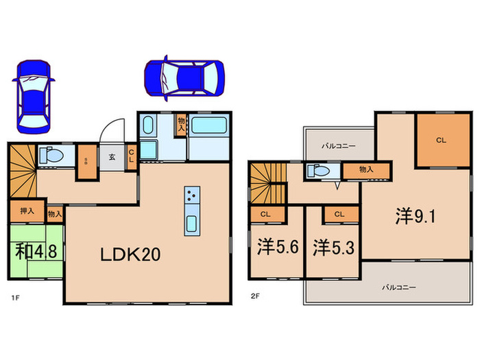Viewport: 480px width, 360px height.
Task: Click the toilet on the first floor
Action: (x=51, y=156)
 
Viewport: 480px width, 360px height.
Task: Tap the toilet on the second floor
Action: (x=318, y=171)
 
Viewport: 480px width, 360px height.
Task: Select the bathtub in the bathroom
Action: (x=208, y=125)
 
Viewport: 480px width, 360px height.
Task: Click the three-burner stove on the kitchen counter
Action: (x=191, y=196)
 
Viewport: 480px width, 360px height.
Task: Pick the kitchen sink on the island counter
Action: (x=191, y=223)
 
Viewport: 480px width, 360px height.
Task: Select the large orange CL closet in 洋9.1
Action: (x=440, y=141)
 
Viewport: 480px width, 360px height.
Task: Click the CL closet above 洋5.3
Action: (x=339, y=214)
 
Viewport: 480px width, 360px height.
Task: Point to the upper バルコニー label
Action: (x=338, y=145)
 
